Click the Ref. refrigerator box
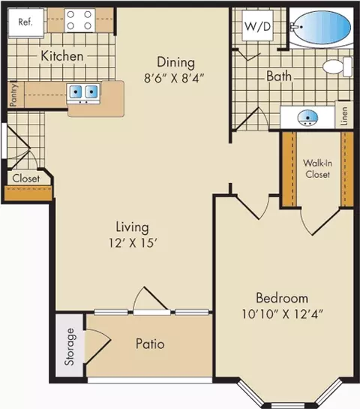(25, 23)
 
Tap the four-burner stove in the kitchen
(79, 20)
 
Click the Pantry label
(13, 95)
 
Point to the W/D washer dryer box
(257, 26)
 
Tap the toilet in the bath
(337, 67)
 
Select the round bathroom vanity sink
(307, 118)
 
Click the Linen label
(344, 116)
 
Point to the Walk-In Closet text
(317, 169)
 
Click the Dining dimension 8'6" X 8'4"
(174, 78)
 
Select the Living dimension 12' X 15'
(133, 243)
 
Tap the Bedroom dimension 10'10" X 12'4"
(282, 314)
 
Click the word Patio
(150, 344)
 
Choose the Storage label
(70, 347)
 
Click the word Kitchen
(62, 56)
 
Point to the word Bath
(279, 76)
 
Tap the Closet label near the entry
(26, 179)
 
